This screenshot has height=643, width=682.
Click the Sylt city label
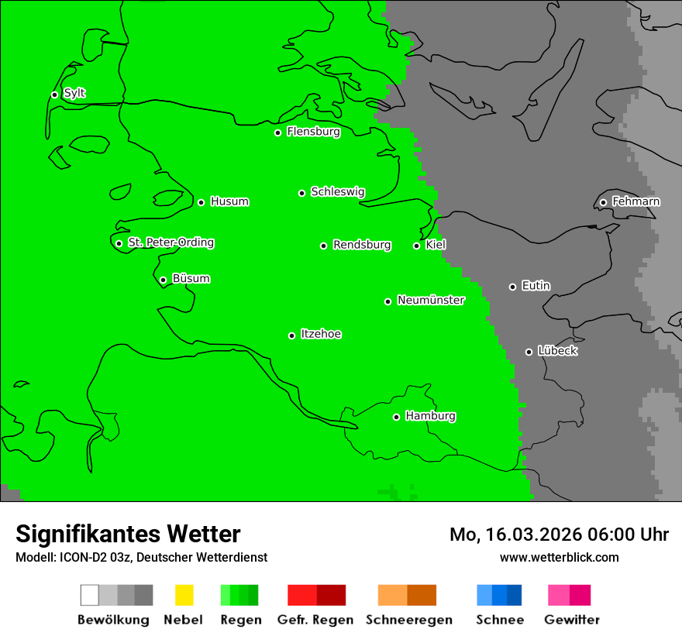pos(74,94)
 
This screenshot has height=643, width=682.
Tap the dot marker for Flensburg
pos(277,132)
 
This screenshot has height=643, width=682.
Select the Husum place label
pos(229,201)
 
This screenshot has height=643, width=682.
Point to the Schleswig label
pos(337,191)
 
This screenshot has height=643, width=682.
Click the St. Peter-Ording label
pos(170,242)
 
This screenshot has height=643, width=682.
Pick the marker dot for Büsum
pos(163,280)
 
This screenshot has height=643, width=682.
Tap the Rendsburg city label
pos(362,245)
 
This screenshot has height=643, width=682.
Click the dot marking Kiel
pos(416,246)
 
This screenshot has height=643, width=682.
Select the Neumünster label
pos(431,300)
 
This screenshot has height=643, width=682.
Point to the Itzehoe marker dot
pos(291,335)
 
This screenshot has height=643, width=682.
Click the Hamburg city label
pos(430,416)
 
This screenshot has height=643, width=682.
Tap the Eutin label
pos(536,286)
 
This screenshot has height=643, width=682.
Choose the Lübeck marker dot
pos(529,352)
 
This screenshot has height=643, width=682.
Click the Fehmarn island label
pos(635,201)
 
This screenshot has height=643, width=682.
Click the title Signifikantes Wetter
pos(128,534)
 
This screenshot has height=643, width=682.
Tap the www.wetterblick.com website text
pos(559,557)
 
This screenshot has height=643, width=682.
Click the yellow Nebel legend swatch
pos(184,595)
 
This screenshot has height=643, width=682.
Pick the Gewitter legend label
pos(571,620)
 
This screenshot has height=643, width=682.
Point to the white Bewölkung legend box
pos(90,595)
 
